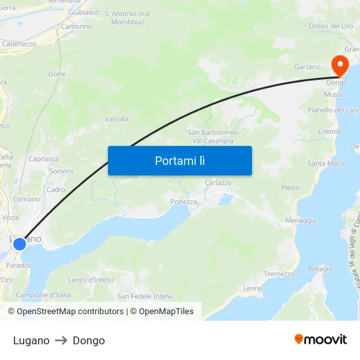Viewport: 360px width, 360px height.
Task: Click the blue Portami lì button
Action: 179,160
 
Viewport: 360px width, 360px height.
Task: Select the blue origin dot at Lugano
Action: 20,243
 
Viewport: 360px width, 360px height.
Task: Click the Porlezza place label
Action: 183,202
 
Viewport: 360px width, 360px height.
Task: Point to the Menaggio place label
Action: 300,221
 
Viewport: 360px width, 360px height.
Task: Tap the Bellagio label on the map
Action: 320,268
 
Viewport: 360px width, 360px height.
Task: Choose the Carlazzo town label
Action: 218,183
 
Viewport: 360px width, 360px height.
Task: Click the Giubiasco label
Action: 83,12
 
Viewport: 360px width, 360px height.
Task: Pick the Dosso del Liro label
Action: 331,26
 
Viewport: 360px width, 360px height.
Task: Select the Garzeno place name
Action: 308,67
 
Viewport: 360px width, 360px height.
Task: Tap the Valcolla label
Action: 117,119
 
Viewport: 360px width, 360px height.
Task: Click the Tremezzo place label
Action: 279,274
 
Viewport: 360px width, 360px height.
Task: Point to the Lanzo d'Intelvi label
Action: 90,280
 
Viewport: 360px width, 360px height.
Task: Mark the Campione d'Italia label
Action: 43,295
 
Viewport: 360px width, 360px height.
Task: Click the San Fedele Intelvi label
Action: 145,296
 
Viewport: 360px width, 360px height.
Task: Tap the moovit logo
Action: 320,339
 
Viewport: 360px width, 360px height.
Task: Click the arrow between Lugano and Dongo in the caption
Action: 61,340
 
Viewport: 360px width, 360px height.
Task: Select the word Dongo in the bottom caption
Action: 88,340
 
